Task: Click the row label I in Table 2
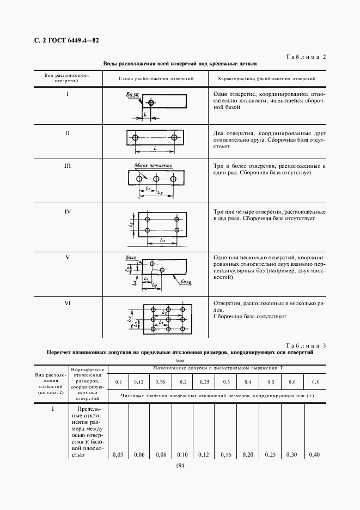[67, 94]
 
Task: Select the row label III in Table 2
[67, 166]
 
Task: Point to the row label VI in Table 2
[67, 303]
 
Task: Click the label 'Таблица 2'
[306, 57]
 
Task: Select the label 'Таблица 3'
[306, 346]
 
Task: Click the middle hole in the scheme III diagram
[156, 179]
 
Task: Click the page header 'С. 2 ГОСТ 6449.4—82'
[63, 40]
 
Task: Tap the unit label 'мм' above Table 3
[180, 361]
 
